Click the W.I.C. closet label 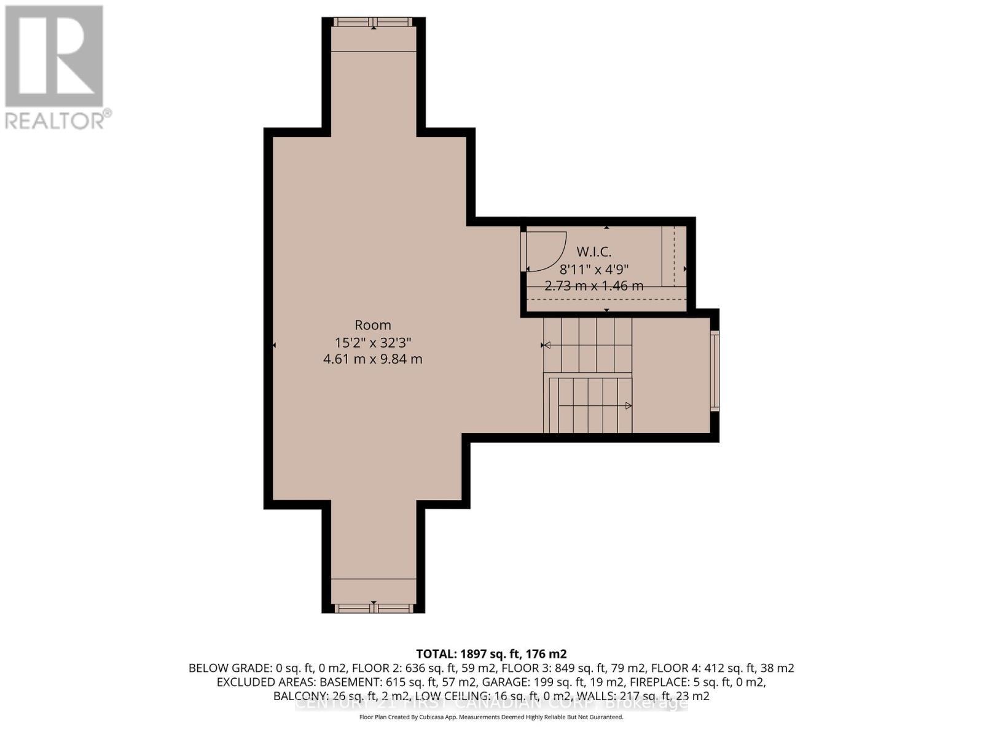tap(593, 251)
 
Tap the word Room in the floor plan tap(372, 325)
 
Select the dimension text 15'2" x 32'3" tap(372, 342)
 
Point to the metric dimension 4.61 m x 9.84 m tap(372, 359)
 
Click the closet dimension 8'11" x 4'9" tap(593, 269)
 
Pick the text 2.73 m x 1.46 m tap(593, 286)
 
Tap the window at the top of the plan tap(373, 23)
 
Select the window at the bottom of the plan tap(373, 608)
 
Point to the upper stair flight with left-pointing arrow tap(588, 345)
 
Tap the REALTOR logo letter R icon tap(54, 57)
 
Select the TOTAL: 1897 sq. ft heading tap(491, 653)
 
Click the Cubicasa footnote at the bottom tap(491, 717)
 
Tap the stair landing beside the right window tap(671, 375)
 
